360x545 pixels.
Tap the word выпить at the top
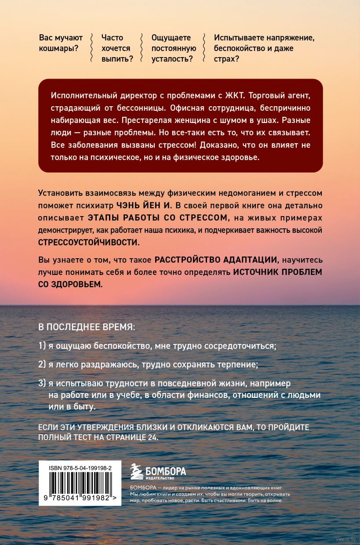coord(115,59)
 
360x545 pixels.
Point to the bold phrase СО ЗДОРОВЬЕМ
coord(65,284)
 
